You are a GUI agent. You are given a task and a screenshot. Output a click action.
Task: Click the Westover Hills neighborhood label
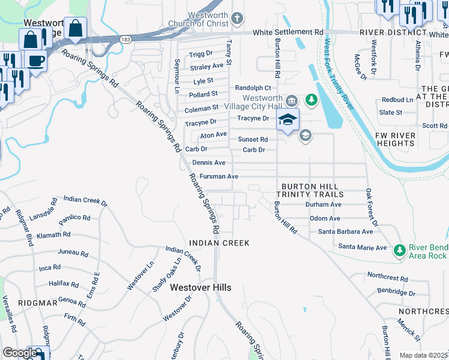coord(200,288)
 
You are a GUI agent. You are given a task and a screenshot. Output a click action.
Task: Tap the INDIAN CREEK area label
coord(218,243)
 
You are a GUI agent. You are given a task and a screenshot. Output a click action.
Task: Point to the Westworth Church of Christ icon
coord(238,17)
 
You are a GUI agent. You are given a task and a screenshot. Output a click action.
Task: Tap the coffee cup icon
coord(35,61)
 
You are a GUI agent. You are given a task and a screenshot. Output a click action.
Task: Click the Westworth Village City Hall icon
coord(292,100)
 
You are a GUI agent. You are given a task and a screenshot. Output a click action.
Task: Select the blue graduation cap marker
coord(288,119)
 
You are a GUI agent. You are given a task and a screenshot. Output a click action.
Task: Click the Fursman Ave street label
coord(219,176)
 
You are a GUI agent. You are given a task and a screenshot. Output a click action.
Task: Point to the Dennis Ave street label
coord(209,163)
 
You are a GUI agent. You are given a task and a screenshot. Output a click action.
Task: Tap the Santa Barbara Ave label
coord(345,232)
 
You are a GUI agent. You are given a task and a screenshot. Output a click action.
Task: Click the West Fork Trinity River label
coord(337,74)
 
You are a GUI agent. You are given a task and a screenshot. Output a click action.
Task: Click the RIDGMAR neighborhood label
coord(37,304)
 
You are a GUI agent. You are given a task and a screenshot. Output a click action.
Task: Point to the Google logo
coord(20,353)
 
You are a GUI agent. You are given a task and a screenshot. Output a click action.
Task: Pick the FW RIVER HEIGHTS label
coord(395,140)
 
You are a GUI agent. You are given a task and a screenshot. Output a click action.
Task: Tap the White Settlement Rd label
coord(288,32)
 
